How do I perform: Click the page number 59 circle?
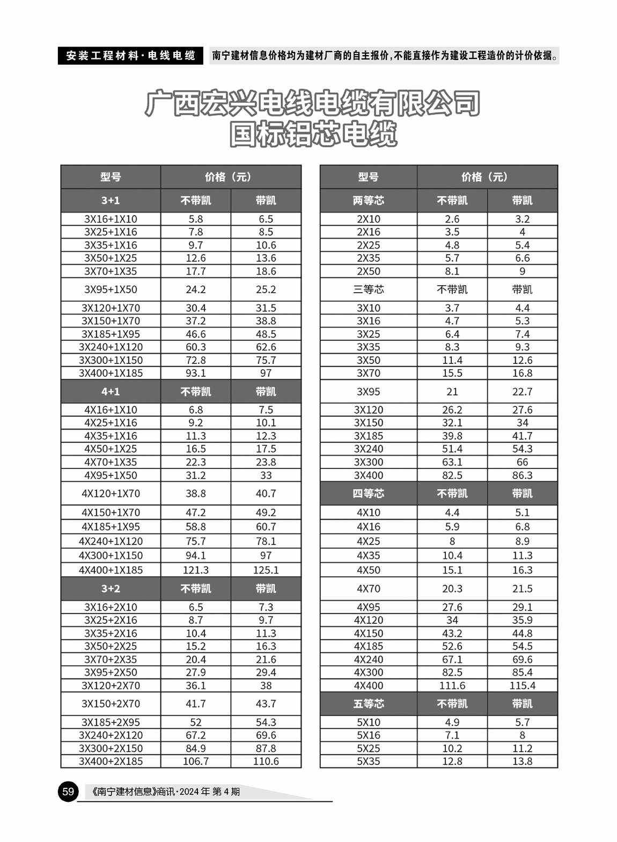(x=68, y=791)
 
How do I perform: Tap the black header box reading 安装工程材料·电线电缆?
(x=130, y=56)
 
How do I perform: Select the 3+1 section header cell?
(x=111, y=200)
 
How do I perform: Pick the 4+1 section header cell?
(x=111, y=392)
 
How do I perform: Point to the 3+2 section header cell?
(x=111, y=588)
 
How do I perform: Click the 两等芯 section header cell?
(x=368, y=200)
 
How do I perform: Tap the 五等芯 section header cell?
(x=368, y=704)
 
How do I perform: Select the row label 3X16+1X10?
(x=111, y=219)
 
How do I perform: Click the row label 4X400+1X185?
(x=111, y=570)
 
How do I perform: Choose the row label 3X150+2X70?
(x=111, y=704)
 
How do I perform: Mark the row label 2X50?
(x=368, y=271)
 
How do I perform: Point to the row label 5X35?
(x=368, y=761)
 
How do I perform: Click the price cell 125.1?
(x=266, y=570)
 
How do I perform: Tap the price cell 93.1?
(x=196, y=373)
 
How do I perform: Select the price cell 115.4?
(x=522, y=685)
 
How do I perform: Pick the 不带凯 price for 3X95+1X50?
(x=196, y=289)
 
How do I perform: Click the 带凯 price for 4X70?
(x=522, y=588)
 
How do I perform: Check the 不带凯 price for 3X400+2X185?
(x=196, y=761)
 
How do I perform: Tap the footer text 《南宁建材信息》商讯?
(x=134, y=791)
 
